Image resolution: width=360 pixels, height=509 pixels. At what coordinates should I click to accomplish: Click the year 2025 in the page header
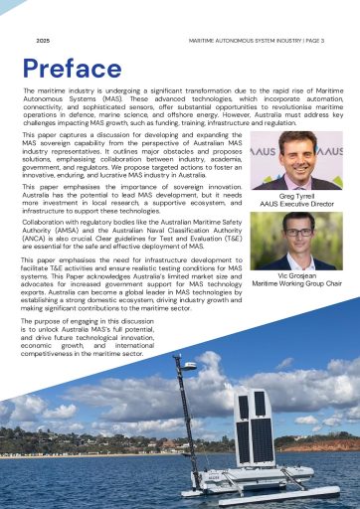[x=43, y=41]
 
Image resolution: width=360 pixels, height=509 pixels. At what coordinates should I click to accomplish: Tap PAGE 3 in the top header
[x=309, y=41]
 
